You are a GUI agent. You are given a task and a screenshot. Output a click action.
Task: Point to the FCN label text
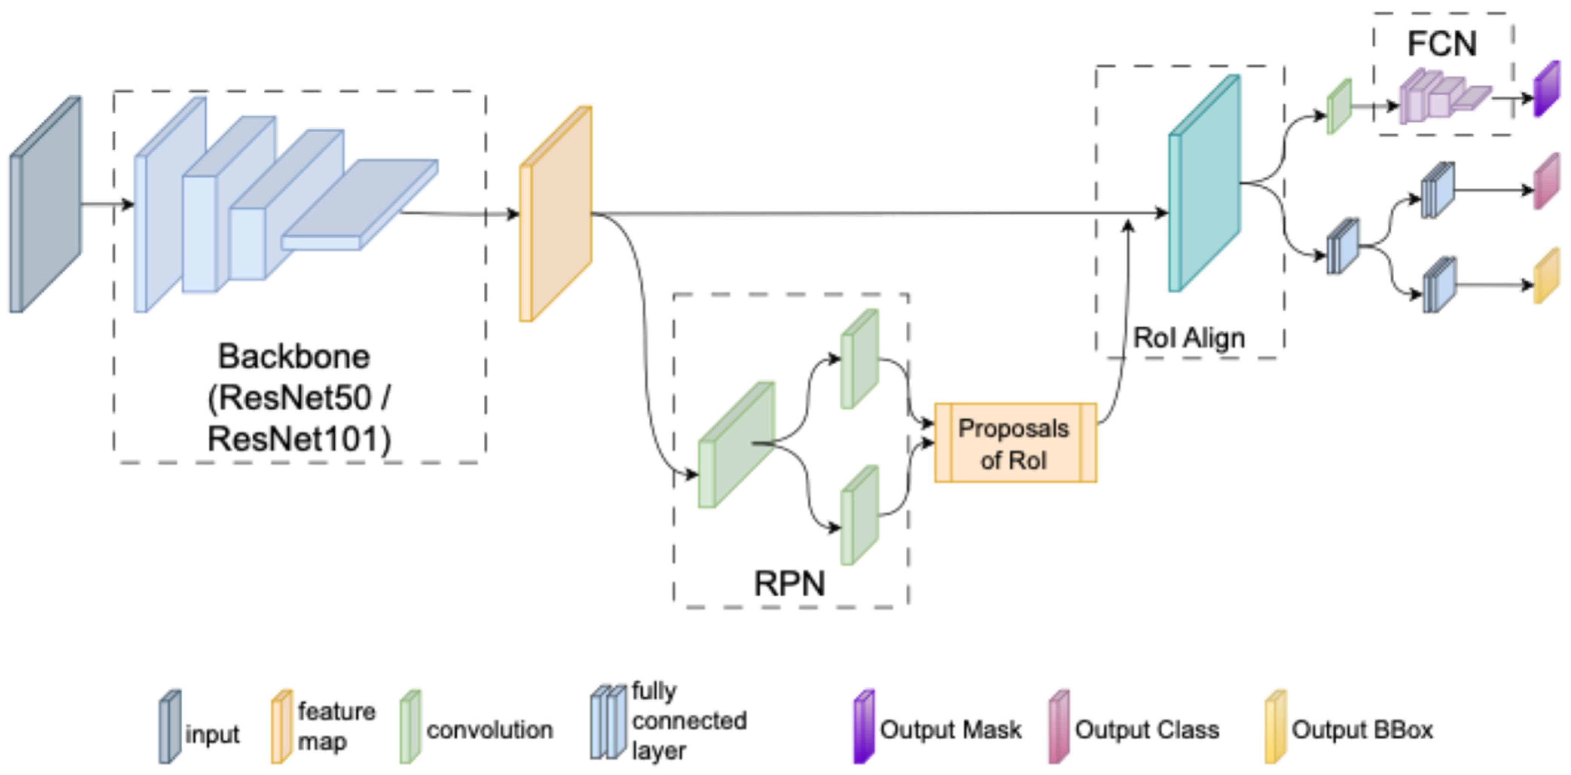pos(1442,44)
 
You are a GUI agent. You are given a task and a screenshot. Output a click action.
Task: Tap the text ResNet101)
pos(299,439)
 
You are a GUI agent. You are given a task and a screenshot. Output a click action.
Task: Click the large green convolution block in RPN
pos(736,445)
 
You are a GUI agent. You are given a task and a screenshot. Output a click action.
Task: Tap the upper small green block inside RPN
pos(859,359)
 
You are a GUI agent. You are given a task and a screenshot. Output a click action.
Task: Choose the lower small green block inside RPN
pos(859,515)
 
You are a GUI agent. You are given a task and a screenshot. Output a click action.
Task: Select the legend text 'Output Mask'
pos(950,730)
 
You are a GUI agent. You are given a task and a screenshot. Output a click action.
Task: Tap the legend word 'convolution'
pos(490,730)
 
